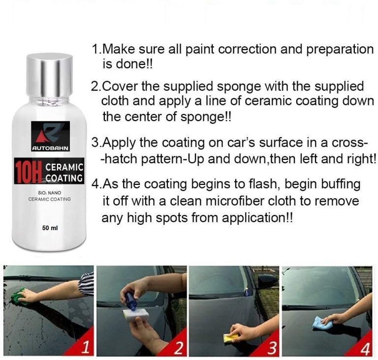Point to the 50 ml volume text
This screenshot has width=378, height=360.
(x=50, y=228)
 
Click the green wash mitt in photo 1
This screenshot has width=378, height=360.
(x=19, y=297)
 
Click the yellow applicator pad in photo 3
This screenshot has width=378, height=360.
(x=231, y=337)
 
